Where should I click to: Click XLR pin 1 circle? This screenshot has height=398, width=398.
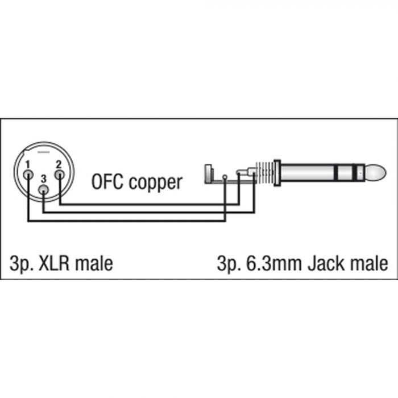pos(28,175)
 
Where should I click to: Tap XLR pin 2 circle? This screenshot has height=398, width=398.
pos(60,175)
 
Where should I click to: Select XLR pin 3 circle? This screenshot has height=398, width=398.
pos(44,189)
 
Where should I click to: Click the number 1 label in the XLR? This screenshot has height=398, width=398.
pos(28,165)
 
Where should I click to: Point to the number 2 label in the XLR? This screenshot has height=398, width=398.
pos(59,165)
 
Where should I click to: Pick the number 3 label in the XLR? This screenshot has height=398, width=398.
pos(44,180)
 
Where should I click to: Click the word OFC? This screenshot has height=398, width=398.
pos(107,181)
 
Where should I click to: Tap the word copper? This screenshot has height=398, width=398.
pos(155,183)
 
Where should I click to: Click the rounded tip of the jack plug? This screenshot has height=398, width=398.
pos(376,173)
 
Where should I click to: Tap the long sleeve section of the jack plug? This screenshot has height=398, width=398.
pos(308,173)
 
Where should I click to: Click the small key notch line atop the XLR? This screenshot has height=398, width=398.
pos(44,152)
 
